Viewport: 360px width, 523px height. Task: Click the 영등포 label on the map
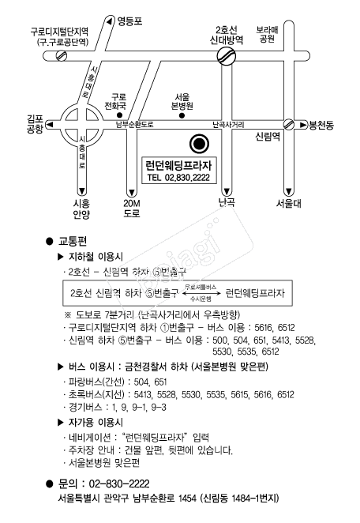pos(130,21)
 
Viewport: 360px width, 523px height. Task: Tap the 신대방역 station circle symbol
pos(227,56)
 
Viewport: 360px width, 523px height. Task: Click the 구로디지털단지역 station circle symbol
pos(62,55)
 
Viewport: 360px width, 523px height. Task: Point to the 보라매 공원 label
pos(267,34)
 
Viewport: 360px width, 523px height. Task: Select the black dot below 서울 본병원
pos(182,116)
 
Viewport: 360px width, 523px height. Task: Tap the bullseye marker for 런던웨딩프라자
pos(199,144)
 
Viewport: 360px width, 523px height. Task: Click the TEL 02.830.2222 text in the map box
pos(178,177)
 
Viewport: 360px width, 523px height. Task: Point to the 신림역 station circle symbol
pos(289,124)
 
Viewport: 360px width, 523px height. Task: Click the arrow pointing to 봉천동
pos(302,125)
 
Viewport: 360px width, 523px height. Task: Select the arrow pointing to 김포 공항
pos(50,125)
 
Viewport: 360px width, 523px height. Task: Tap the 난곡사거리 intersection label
pos(228,125)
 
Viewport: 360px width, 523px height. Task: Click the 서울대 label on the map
pos(289,203)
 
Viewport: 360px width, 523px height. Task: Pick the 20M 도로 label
pos(132,208)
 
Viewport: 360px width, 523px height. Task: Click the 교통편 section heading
pos(73,241)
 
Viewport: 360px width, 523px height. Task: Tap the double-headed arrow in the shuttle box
pos(201,294)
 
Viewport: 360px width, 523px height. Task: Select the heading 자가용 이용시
pos(96,422)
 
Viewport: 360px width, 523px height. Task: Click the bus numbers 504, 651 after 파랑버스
pos(150,382)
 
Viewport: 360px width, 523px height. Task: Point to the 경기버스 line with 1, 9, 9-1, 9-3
pos(117,407)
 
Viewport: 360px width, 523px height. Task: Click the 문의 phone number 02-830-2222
pos(119,483)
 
